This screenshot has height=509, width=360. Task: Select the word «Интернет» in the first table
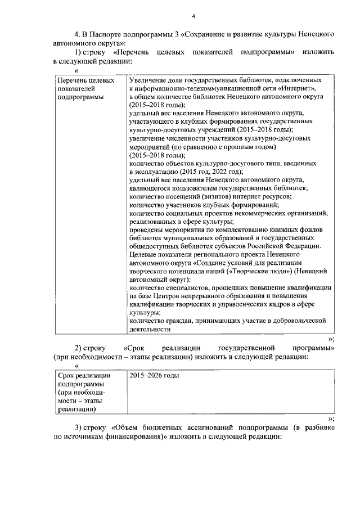(x=292, y=88)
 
